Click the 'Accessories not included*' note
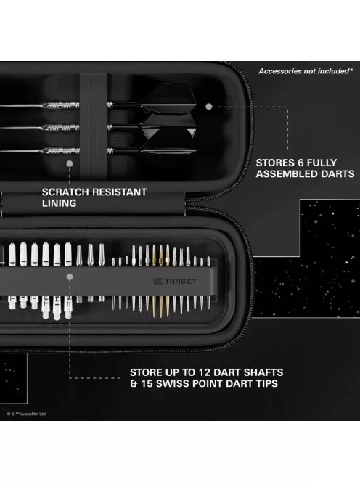click(305, 71)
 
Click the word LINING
click(59, 203)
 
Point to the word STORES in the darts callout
click(277, 163)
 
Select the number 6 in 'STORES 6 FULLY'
click(304, 163)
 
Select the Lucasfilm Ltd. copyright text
click(27, 414)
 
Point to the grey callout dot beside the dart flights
click(208, 106)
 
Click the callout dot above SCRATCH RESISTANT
click(70, 164)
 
